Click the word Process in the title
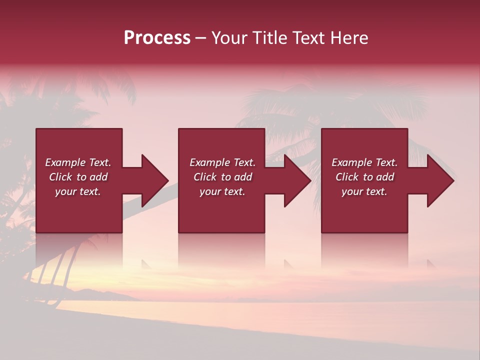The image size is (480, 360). click(157, 38)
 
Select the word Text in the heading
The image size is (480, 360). click(308, 38)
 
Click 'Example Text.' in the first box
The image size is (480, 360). click(78, 162)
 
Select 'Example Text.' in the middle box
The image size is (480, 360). click(222, 162)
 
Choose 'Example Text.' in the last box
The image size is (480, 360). click(364, 162)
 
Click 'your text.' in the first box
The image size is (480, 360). click(78, 191)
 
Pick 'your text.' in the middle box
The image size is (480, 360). click(222, 191)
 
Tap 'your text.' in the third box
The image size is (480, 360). click(364, 191)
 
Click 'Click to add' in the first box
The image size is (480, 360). click(78, 177)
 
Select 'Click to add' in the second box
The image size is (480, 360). click(222, 177)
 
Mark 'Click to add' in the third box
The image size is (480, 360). click(364, 177)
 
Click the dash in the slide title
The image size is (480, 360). click(201, 38)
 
